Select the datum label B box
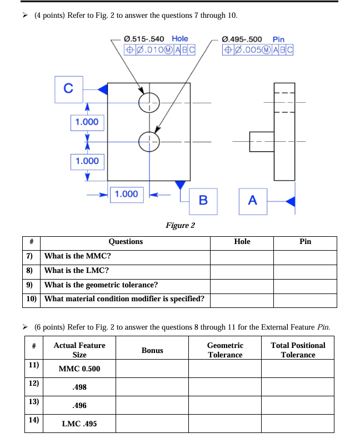203,200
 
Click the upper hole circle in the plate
149,102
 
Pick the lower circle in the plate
149,141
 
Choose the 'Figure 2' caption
180,226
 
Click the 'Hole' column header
242,242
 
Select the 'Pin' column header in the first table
305,242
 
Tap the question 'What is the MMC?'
78,256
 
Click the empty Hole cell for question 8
242,271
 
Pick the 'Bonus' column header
152,350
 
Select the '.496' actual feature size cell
79,406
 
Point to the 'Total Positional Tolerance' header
298,350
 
